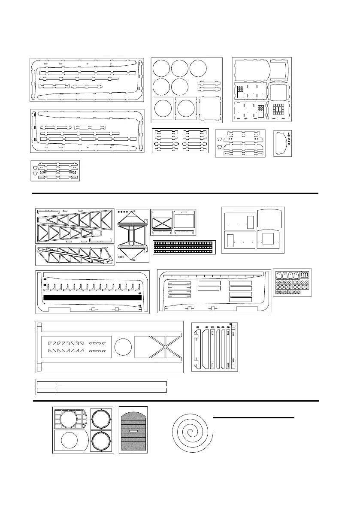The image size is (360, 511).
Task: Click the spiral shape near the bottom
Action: (191, 434)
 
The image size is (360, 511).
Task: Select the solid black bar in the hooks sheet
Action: (92, 297)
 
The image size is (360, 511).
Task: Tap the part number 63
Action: (197, 327)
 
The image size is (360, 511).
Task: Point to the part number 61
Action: (206, 327)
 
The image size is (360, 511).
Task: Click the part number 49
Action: (44, 279)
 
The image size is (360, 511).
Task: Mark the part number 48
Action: (139, 306)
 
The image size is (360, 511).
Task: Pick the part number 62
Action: (212, 327)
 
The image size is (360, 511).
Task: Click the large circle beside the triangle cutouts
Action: (123, 347)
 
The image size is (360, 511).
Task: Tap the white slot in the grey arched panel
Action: (133, 430)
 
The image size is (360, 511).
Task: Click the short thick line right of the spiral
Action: (254, 417)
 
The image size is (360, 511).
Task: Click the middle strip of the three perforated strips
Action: (184, 247)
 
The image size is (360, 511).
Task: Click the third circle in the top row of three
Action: (198, 69)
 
